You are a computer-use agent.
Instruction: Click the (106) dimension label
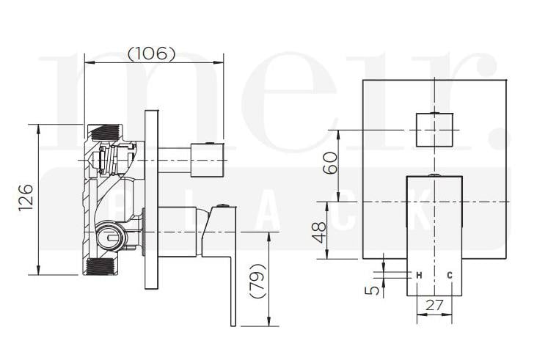tap(152, 54)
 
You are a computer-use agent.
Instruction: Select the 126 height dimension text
tap(26, 198)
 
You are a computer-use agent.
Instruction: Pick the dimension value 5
tap(375, 290)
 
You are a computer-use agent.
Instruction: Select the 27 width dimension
tap(434, 306)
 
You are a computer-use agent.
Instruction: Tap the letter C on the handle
tap(450, 275)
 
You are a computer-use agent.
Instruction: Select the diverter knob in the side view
tap(207, 160)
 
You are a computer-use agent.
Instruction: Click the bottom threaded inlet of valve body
tap(102, 266)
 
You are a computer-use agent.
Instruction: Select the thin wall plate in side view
tap(151, 198)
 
